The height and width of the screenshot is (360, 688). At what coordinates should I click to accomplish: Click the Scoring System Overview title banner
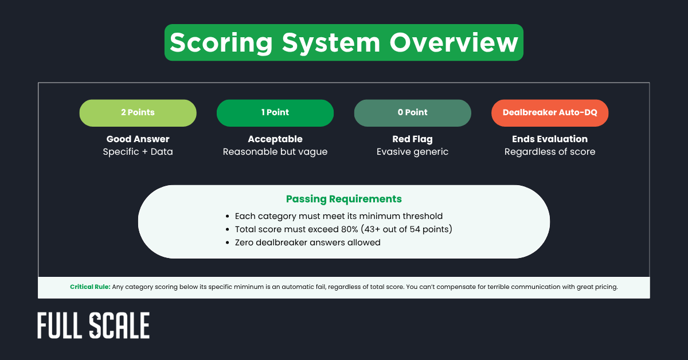(x=344, y=42)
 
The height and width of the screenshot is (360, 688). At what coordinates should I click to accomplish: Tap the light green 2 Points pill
(x=138, y=113)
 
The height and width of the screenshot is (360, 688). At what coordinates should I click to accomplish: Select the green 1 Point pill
(x=275, y=113)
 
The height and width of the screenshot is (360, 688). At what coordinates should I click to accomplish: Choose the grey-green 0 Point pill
(x=413, y=113)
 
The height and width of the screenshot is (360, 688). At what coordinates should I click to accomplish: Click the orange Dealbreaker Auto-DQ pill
(x=550, y=113)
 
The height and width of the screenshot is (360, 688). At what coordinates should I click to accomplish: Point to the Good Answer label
(x=138, y=139)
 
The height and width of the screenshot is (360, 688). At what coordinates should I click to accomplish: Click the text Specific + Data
(x=138, y=152)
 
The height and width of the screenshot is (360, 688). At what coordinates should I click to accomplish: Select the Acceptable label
(x=275, y=139)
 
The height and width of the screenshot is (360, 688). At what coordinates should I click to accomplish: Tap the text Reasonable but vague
(x=275, y=152)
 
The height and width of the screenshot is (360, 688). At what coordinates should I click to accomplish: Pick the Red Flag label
(x=413, y=139)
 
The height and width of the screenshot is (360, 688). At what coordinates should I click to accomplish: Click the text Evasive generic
(x=413, y=152)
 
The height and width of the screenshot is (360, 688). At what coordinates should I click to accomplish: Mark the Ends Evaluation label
(x=550, y=139)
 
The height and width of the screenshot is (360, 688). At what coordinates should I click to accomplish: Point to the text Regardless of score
(x=550, y=152)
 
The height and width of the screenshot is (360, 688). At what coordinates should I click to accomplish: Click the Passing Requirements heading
(x=344, y=199)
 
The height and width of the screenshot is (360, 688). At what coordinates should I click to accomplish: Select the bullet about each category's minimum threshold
(x=338, y=216)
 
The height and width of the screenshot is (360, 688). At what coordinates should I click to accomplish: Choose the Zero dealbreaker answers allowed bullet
(x=307, y=242)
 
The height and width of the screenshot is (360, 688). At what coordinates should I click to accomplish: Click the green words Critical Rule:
(x=90, y=287)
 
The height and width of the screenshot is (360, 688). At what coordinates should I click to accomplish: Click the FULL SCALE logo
(x=93, y=326)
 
